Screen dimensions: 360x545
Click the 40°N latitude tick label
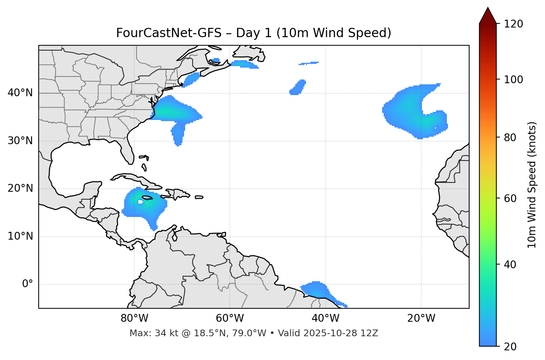(x=20, y=93)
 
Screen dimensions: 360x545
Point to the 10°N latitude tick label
(x=20, y=236)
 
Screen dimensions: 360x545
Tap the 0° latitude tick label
(x=28, y=284)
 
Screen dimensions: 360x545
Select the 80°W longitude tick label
(x=134, y=318)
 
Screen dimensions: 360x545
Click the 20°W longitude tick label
(x=421, y=318)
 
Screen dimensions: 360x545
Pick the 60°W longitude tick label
(x=230, y=318)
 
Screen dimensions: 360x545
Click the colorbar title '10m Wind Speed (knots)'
(x=532, y=185)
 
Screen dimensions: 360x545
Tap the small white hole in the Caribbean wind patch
(x=140, y=202)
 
